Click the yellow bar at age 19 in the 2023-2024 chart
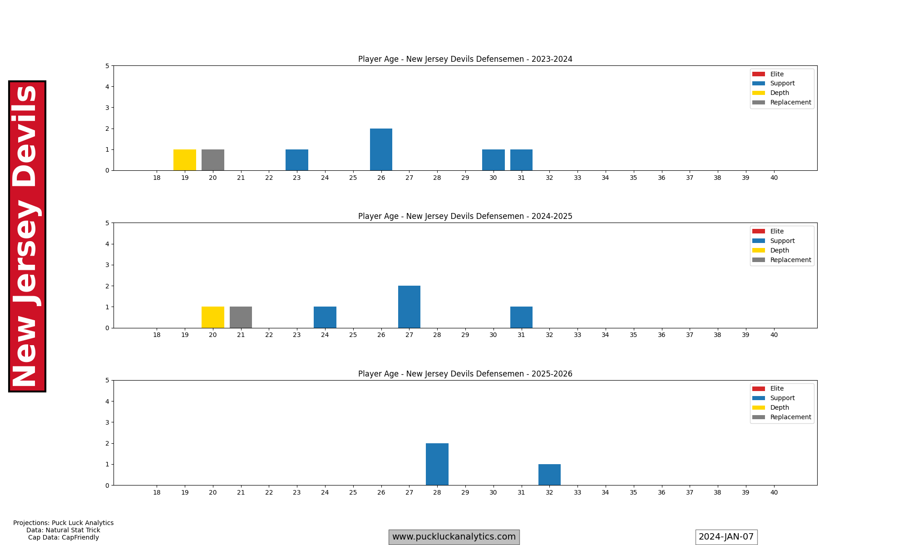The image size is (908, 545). [x=185, y=160]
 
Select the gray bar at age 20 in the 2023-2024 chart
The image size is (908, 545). [x=213, y=160]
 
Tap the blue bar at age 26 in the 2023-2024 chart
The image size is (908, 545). [x=381, y=149]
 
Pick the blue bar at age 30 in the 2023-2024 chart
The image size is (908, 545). [x=493, y=160]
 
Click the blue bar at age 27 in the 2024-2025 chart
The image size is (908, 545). [x=409, y=307]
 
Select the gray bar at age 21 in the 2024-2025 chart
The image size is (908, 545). [x=241, y=317]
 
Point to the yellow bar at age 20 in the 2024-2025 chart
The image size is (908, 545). [x=213, y=317]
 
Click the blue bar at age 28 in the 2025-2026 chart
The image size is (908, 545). [x=437, y=464]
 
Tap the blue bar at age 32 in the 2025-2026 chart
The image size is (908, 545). [x=549, y=475]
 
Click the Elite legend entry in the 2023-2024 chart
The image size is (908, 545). [x=776, y=74]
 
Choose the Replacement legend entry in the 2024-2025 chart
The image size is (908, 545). [x=790, y=260]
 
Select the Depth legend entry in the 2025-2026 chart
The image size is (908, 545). [x=780, y=407]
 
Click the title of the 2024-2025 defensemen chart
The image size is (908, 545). [x=465, y=216]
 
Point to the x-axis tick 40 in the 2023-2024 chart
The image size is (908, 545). [x=774, y=178]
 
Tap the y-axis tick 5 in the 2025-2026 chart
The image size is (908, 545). [x=107, y=381]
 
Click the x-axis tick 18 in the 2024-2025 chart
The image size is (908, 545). [x=157, y=335]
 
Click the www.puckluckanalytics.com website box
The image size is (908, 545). [x=454, y=537]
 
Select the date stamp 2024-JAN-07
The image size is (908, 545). [x=726, y=537]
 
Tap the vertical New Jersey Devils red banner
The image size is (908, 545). [x=27, y=236]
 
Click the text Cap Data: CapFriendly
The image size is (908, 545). [x=64, y=537]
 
